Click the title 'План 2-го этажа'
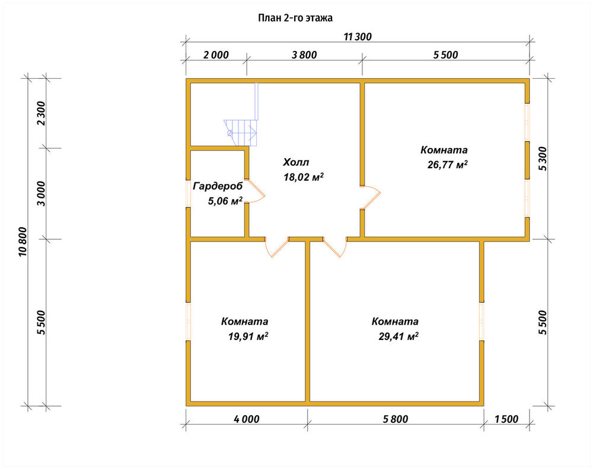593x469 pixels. click(x=295, y=18)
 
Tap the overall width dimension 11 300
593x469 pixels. click(x=358, y=37)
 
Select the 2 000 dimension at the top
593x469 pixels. click(x=216, y=54)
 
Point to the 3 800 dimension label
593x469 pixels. click(x=304, y=54)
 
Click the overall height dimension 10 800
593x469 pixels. click(x=23, y=242)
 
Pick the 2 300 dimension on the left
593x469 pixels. click(x=41, y=113)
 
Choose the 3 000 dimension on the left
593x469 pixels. click(x=41, y=194)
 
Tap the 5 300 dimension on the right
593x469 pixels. click(x=543, y=158)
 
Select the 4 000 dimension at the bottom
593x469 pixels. click(x=247, y=419)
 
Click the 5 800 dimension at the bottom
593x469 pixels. click(x=396, y=419)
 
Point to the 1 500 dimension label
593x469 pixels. click(x=506, y=419)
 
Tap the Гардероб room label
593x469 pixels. click(x=218, y=187)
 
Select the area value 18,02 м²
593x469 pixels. click(x=304, y=177)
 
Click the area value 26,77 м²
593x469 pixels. click(x=447, y=165)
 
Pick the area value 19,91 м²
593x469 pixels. click(x=248, y=336)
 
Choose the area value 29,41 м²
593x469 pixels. click(x=398, y=336)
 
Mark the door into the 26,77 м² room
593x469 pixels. click(x=371, y=197)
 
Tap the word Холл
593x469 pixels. click(x=296, y=162)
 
